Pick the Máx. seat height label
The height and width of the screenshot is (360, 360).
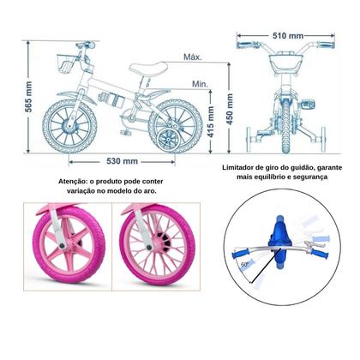pyautogui.click(x=193, y=57)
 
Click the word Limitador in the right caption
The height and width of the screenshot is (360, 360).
pyautogui.click(x=244, y=168)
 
